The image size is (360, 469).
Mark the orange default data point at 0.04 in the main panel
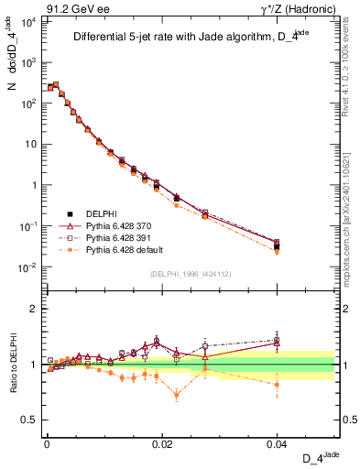pos(278,252)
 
